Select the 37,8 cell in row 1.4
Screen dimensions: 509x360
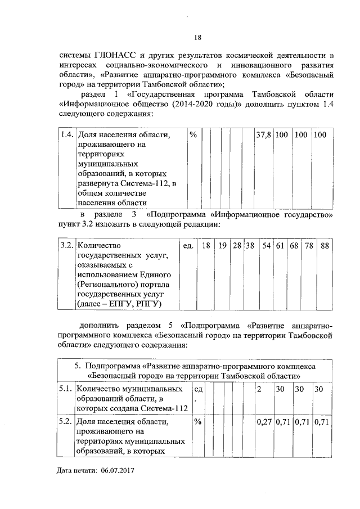[264, 136]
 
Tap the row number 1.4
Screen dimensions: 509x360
[66, 136]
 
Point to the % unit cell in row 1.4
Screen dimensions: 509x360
[193, 136]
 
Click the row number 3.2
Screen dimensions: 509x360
[66, 246]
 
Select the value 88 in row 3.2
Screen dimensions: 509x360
[325, 246]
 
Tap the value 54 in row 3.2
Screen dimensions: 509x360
[267, 246]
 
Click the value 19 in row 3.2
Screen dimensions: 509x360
[223, 246]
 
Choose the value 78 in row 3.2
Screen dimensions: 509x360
[309, 246]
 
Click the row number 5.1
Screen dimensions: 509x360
[66, 389]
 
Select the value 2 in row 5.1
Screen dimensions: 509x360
[259, 389]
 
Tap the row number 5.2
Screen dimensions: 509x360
[66, 421]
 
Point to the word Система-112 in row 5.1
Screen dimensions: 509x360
[160, 409]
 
